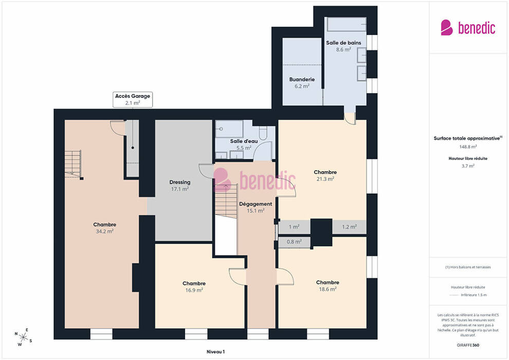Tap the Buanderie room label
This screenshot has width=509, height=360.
point(302,79)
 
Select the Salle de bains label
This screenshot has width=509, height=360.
point(343,43)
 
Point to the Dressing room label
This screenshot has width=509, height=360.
point(180,183)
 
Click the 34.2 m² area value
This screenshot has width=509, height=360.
point(104,231)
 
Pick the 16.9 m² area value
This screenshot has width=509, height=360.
point(194,290)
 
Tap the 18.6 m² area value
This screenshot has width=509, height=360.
point(328,289)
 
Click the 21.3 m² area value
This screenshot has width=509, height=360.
point(325,179)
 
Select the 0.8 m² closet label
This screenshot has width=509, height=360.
point(294,242)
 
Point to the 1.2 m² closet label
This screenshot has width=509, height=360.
point(349,227)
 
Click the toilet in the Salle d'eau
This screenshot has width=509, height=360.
point(263,133)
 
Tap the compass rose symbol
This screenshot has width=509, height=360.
point(23,337)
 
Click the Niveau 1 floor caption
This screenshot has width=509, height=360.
point(215,352)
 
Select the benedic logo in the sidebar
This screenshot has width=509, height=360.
point(468,28)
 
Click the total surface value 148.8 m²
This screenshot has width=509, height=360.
point(468,147)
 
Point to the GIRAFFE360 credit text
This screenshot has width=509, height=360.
point(468,345)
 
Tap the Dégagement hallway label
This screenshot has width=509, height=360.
point(256,204)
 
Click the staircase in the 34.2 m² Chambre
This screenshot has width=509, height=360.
point(74,164)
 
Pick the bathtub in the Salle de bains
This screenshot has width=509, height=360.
point(347,24)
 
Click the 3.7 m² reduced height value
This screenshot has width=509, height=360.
point(468,166)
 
